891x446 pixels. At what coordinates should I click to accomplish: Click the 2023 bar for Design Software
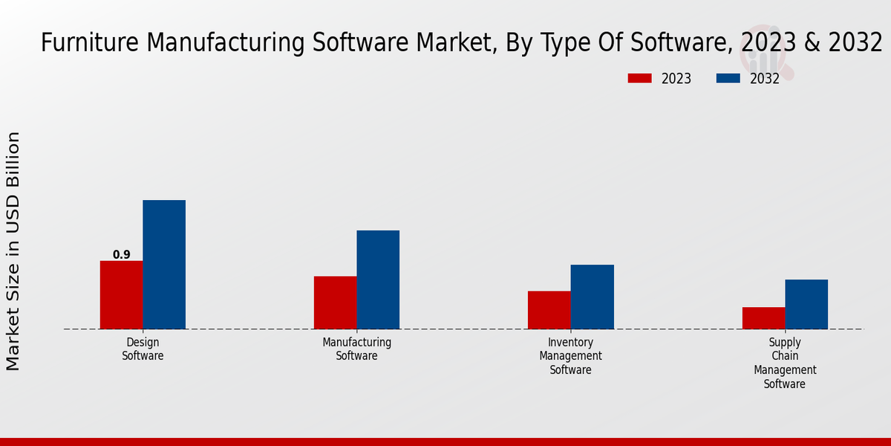coord(121,294)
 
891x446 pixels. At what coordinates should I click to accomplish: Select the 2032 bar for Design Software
coord(164,264)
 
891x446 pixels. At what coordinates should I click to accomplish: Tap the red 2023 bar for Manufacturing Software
coord(335,303)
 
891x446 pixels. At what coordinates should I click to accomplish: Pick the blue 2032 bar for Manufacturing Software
coord(378,279)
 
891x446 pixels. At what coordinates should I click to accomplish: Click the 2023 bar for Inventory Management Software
coord(549,309)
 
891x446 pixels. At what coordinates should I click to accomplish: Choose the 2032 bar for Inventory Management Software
coord(593,297)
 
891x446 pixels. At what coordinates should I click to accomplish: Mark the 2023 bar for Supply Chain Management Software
coord(763,317)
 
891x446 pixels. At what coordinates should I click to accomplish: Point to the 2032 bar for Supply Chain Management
coord(806,304)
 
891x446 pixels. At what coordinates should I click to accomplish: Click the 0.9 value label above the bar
coord(121,255)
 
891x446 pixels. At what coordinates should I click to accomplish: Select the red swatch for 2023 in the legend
coord(639,78)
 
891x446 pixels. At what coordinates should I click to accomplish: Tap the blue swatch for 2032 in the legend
coord(728,78)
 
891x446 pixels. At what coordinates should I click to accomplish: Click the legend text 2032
coord(765,79)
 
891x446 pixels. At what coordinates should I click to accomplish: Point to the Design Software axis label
coord(143,349)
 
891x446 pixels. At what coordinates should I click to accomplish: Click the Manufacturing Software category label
coord(357,349)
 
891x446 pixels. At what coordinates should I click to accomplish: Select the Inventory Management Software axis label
coord(571,356)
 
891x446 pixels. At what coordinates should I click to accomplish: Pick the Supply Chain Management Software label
coord(785,363)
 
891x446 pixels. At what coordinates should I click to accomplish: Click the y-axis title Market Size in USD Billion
coord(13,251)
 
